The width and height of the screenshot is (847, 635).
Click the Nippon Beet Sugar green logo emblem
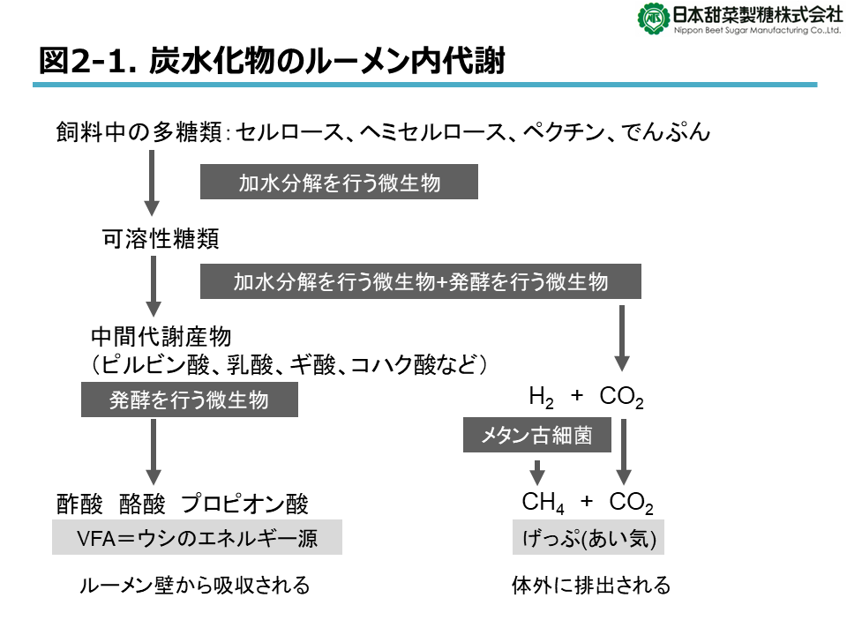654,19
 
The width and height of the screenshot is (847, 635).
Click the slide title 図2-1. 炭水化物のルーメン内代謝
272,60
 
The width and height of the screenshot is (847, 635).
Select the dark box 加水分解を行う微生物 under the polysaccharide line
339,182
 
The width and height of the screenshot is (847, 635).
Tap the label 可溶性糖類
161,239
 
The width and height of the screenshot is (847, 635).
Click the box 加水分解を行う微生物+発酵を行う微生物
420,281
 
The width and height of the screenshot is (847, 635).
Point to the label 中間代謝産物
161,337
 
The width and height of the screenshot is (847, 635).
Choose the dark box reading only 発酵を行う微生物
189,400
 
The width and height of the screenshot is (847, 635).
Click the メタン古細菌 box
537,435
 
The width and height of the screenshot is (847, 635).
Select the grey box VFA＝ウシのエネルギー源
197,537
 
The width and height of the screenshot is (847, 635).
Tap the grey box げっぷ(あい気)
588,537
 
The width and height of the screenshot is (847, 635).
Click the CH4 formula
543,503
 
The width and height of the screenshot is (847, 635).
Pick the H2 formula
541,398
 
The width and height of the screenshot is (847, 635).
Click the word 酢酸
79,504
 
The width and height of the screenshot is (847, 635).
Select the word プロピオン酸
244,504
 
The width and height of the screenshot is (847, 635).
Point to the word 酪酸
142,504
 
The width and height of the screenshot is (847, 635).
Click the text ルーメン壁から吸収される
194,586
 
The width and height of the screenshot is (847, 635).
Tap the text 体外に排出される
591,586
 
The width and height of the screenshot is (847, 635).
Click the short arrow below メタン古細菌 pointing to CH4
537,473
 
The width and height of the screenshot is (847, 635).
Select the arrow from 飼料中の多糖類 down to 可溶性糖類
152,183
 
